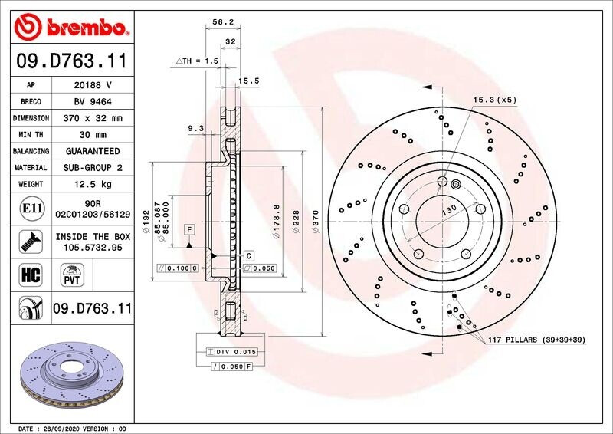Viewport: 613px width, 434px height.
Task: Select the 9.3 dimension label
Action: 196,129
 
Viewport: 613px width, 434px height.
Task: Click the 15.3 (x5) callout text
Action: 494,100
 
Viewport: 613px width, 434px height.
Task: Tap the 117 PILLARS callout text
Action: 536,338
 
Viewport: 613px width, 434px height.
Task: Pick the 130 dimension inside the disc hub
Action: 447,209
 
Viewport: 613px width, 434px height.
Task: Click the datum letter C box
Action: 249,255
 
